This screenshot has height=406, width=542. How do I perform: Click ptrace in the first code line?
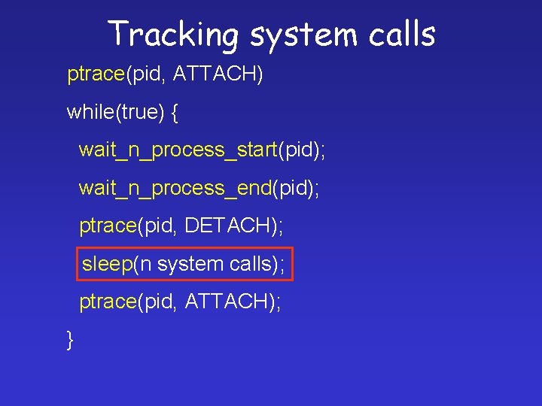[96, 74]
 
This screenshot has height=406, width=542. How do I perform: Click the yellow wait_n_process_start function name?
[178, 150]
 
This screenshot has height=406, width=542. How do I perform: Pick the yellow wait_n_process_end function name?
[175, 188]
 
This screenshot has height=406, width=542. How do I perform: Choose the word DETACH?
[229, 226]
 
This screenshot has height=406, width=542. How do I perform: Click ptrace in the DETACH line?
[108, 226]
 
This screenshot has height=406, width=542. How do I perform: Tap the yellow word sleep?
[107, 264]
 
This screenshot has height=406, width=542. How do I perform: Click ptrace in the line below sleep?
[108, 301]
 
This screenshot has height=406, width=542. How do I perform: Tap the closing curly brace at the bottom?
[70, 340]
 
